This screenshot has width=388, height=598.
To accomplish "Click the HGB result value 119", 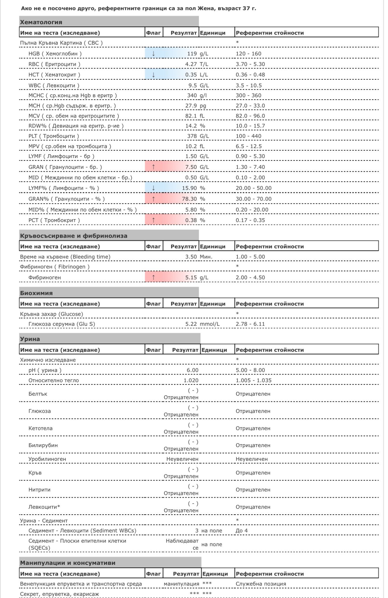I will pos(192,54).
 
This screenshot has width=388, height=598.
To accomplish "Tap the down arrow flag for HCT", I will pos(153,75).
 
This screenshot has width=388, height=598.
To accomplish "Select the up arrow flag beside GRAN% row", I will pos(153,199).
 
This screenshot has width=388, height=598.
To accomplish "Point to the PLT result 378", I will pos(192,136).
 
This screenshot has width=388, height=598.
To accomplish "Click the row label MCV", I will pos(34,116).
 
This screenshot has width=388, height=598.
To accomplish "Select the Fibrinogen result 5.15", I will pos(191,278).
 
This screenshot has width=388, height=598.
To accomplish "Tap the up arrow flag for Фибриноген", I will pos(153,278).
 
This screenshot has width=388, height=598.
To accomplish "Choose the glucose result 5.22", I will pos(191,324).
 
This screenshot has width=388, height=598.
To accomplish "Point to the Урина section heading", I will pos(30,339).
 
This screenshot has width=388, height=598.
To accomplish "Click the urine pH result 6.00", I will pos(193,370).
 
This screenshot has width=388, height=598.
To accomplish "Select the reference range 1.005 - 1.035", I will pos(253,381).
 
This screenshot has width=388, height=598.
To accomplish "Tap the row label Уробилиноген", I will pos(47,459).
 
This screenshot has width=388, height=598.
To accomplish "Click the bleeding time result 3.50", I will pos(191,257).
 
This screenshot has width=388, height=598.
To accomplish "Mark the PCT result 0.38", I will pos(191,220).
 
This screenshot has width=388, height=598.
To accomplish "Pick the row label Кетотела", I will pos(41,429).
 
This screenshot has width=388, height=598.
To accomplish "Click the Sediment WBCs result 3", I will pos(197,531).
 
